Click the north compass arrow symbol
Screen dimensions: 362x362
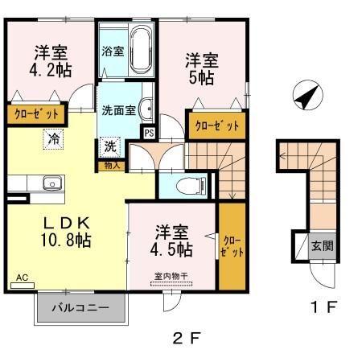(x=305, y=97)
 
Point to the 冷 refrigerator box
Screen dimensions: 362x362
(x=53, y=139)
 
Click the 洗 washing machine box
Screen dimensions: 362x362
(x=111, y=148)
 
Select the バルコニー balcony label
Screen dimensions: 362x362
(x=80, y=307)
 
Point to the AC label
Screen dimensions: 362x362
(x=22, y=278)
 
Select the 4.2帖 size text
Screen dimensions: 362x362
(x=51, y=70)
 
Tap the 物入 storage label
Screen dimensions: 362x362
(x=112, y=165)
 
